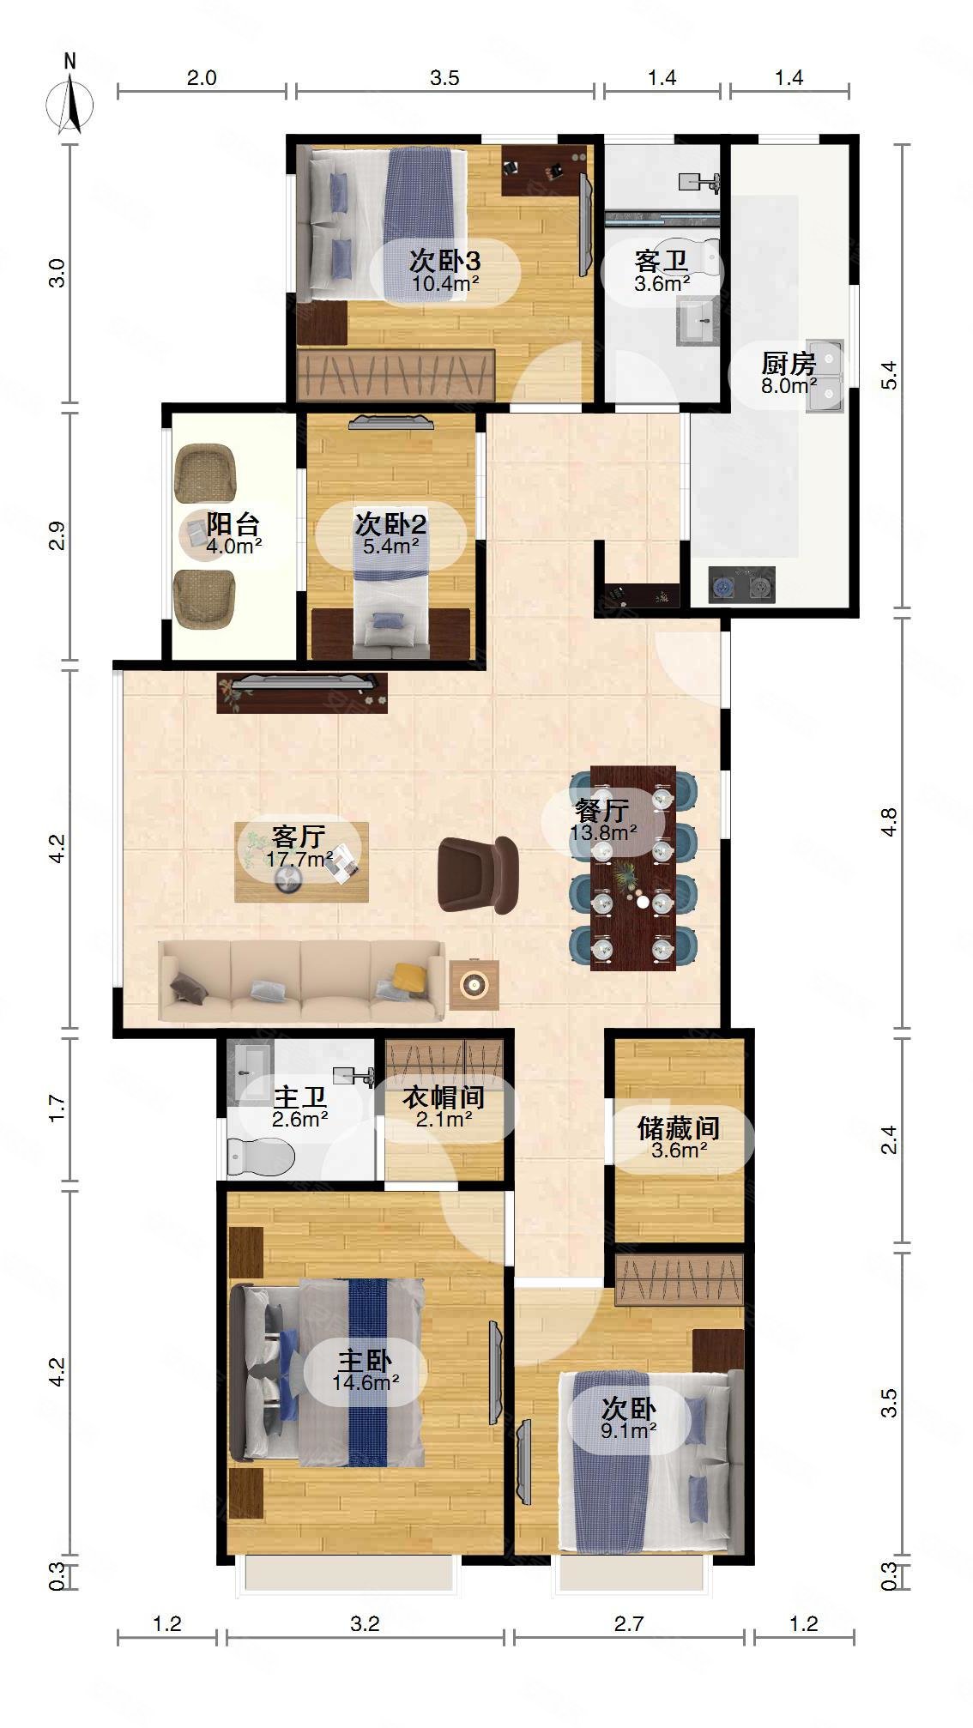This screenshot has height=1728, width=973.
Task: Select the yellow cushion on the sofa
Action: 409,977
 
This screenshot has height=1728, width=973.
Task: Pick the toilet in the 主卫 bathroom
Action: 261,1158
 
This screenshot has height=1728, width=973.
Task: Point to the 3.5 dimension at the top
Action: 444,78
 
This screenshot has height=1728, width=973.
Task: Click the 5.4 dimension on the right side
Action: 890,376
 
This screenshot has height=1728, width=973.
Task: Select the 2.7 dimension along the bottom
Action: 628,1623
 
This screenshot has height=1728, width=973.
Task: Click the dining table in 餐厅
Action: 632,867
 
